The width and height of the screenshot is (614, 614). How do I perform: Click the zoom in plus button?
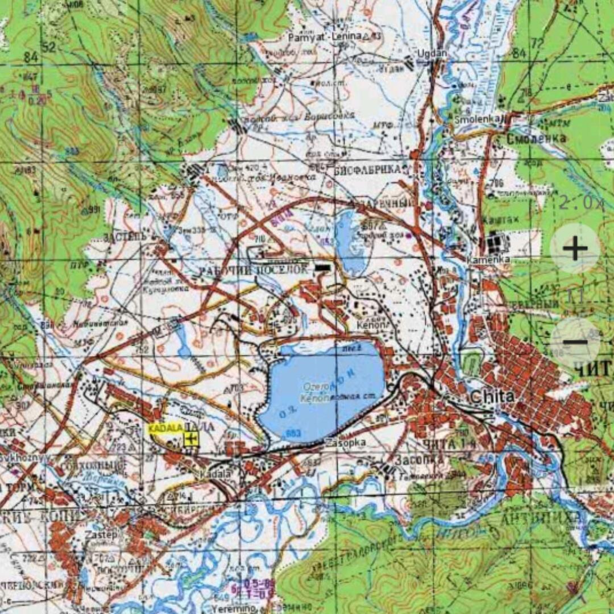coord(575,248)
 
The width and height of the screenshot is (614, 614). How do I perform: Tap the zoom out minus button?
coord(575,342)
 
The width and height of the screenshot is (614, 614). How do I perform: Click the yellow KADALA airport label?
coord(165,428)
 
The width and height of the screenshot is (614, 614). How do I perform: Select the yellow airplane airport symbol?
coord(192,438)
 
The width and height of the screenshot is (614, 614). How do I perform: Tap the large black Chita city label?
coord(492,396)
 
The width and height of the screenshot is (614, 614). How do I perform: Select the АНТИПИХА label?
coord(540,518)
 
